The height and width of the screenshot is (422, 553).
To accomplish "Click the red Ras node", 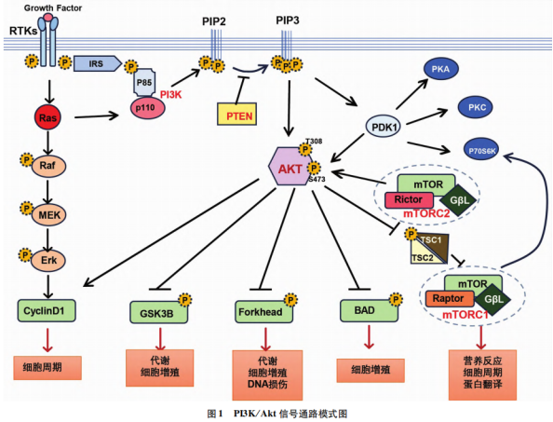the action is pyautogui.click(x=47, y=117).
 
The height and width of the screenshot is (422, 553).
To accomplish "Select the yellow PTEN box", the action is pyautogui.click(x=236, y=114).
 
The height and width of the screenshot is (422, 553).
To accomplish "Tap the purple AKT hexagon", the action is pyautogui.click(x=290, y=166).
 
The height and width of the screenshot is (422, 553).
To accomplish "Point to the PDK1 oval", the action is pyautogui.click(x=383, y=127).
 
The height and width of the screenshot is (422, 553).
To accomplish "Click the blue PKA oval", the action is pyautogui.click(x=441, y=69).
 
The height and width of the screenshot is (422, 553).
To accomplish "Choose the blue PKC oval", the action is pyautogui.click(x=476, y=107).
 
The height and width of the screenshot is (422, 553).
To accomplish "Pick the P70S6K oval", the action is pyautogui.click(x=481, y=151).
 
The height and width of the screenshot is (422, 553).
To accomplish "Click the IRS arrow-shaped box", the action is pyautogui.click(x=98, y=63).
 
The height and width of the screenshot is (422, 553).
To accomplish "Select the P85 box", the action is pyautogui.click(x=144, y=83).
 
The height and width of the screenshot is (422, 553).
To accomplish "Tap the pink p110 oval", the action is pyautogui.click(x=148, y=108).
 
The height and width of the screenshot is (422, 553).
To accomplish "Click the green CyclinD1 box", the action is pyautogui.click(x=47, y=310).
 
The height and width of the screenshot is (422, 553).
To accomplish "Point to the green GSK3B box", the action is pyautogui.click(x=158, y=312).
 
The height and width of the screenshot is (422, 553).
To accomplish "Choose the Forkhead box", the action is pyautogui.click(x=263, y=311).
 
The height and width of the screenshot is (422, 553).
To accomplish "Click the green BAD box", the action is pyautogui.click(x=369, y=310).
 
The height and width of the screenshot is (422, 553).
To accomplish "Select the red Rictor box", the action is pyautogui.click(x=409, y=199).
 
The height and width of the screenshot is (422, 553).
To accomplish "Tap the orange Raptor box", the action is pyautogui.click(x=450, y=298).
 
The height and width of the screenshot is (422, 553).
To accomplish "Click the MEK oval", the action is pyautogui.click(x=48, y=214).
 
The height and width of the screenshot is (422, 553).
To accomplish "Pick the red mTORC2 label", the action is pyautogui.click(x=426, y=213).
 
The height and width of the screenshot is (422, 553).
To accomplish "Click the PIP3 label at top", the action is pyautogui.click(x=288, y=20).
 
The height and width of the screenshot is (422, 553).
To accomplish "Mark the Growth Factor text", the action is pyautogui.click(x=53, y=7).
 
